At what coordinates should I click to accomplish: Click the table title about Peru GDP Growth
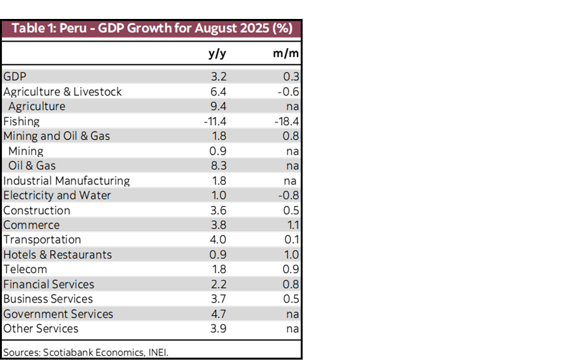(x=152, y=29)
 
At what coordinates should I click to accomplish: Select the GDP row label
(x=15, y=76)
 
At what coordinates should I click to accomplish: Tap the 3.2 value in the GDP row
(x=219, y=76)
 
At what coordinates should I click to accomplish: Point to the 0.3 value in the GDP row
(x=291, y=76)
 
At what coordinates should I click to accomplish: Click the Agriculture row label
(x=37, y=106)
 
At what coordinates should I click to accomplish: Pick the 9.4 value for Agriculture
(x=219, y=106)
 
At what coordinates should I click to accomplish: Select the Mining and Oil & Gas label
(x=56, y=136)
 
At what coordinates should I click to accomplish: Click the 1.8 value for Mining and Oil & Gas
(x=219, y=136)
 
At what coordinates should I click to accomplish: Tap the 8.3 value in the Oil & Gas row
(x=219, y=165)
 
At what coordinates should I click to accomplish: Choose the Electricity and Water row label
(x=57, y=195)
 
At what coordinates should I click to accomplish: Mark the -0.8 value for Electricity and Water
(x=289, y=195)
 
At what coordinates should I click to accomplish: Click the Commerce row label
(x=31, y=225)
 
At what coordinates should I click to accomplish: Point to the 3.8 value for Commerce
(x=219, y=225)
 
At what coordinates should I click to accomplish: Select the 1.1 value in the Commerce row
(x=293, y=225)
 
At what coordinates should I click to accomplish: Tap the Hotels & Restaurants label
(x=57, y=255)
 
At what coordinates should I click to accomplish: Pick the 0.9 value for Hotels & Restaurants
(x=218, y=255)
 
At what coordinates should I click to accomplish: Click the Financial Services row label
(x=49, y=284)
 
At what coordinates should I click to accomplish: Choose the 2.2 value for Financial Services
(x=219, y=284)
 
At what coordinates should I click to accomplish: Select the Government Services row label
(x=58, y=314)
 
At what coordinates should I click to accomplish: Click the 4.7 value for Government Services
(x=219, y=314)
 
